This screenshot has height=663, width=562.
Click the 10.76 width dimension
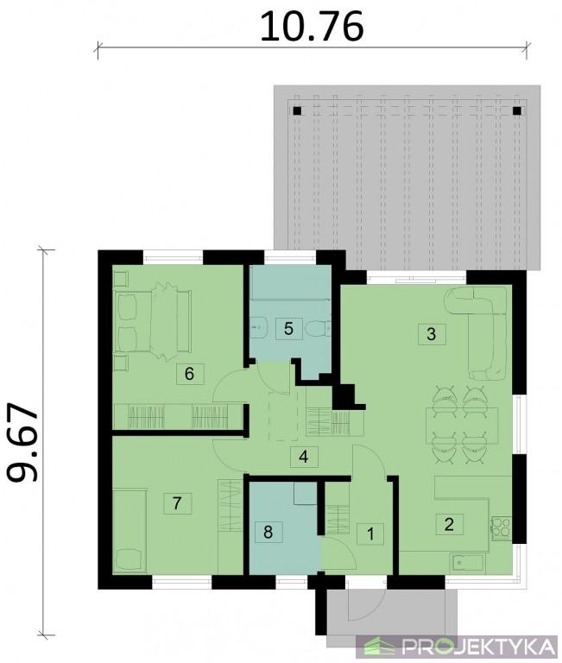pos(312,27)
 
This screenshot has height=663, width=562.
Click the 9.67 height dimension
pos(22,442)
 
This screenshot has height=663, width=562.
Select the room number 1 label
pos(370,534)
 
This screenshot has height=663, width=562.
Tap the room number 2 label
pos(449,524)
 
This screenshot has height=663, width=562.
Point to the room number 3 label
pos(432,334)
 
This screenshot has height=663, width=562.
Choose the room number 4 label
pos(304,457)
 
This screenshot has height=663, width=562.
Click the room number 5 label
pos(289,328)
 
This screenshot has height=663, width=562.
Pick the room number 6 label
pos(189,373)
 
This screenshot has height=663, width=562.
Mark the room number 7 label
pos(178,502)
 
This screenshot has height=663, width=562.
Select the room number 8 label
pos(268,532)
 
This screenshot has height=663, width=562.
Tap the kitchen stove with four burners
pos(501,529)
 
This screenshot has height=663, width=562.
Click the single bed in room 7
pos(129,531)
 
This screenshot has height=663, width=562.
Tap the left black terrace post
pos(297,110)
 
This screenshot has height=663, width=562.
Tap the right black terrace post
pos(517,110)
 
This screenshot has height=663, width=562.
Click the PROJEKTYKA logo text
pos(478,647)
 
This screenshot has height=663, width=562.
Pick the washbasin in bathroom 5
pos(257,327)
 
